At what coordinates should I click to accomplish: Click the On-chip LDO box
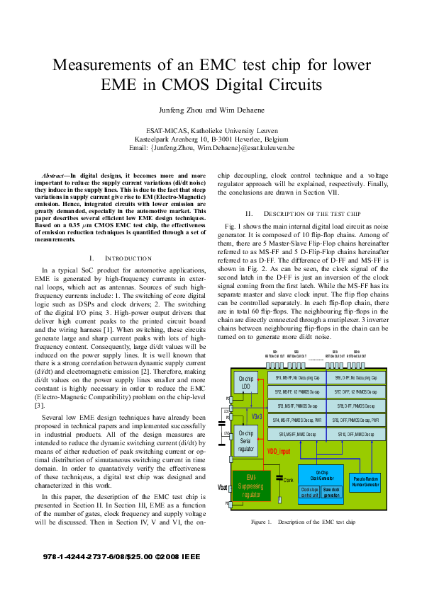[x=246, y=382]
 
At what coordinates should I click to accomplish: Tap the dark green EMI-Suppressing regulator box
[x=250, y=485]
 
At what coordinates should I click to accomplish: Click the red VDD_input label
[x=279, y=451]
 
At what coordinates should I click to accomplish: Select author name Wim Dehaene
[x=233, y=110]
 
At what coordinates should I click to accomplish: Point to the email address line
[x=211, y=148]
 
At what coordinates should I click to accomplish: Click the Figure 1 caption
[x=301, y=522]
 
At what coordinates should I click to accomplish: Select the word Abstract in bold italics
[x=55, y=174]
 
